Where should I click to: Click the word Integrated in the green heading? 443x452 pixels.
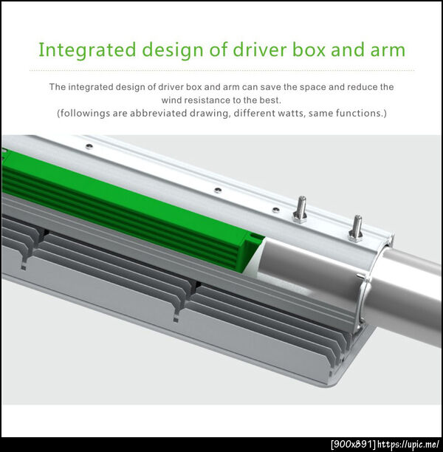click(87, 50)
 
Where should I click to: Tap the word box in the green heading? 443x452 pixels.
click(309, 49)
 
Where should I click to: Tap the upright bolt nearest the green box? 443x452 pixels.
click(301, 209)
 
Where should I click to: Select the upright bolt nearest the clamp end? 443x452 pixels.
click(356, 228)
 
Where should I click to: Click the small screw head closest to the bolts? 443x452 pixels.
click(276, 209)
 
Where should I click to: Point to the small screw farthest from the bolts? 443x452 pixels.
click(89, 146)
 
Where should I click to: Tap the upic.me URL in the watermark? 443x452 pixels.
click(409, 444)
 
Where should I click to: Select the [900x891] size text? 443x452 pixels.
click(354, 444)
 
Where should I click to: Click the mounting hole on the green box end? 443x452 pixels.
click(254, 236)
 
